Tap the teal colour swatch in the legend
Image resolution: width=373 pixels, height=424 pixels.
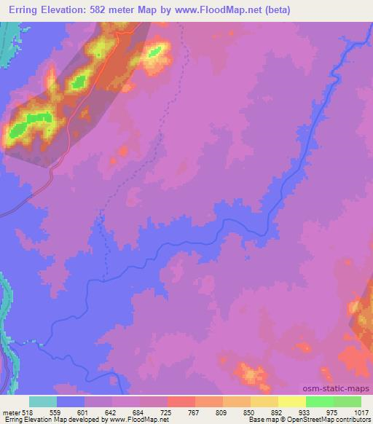coord(42,401)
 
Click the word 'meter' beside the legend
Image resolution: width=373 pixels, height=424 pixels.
coord(9,412)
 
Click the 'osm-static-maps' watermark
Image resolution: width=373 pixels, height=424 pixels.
coord(342,389)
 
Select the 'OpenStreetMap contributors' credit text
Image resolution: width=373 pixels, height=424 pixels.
coord(329,420)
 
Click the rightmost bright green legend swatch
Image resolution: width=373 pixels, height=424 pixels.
coord(348,401)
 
